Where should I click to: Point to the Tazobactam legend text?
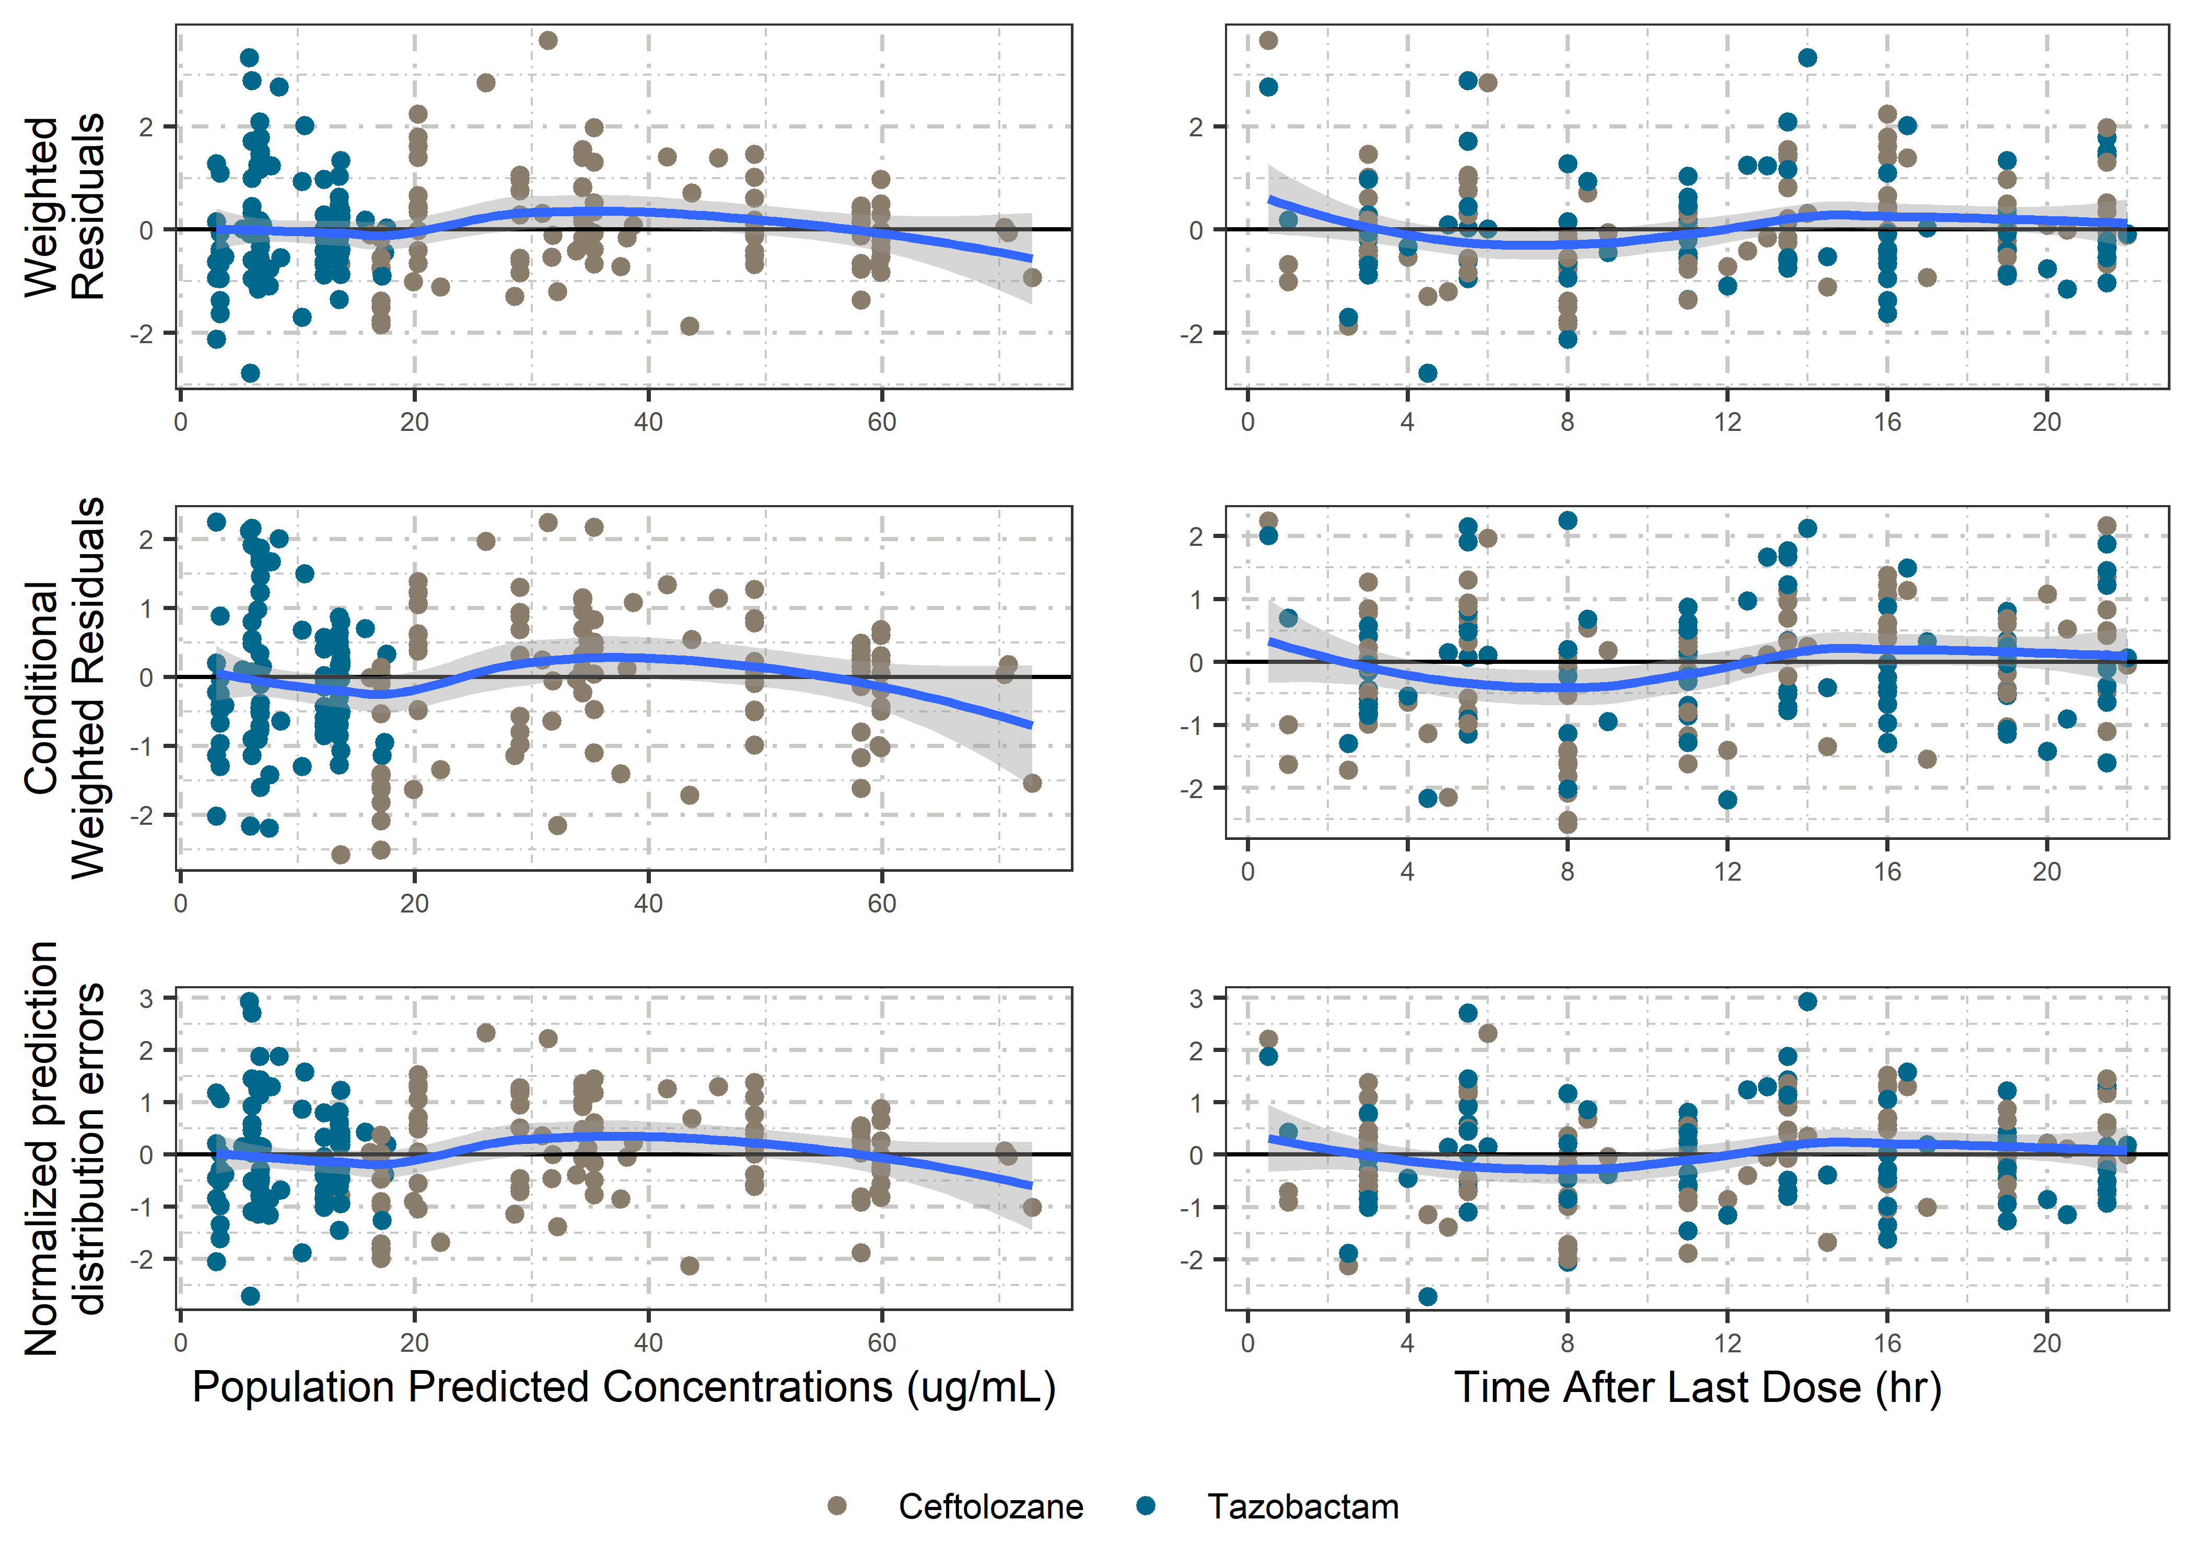[1302, 1506]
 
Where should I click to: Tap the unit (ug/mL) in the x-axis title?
[981, 1387]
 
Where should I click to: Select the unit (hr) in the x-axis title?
[1908, 1387]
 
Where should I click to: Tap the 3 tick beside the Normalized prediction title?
[146, 998]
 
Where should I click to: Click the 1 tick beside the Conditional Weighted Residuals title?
[146, 608]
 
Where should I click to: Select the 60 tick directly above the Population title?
[881, 1342]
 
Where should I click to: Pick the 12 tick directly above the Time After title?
[1727, 1342]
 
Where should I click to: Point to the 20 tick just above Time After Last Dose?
[2046, 1342]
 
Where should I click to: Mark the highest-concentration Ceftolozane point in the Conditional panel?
[1031, 782]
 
